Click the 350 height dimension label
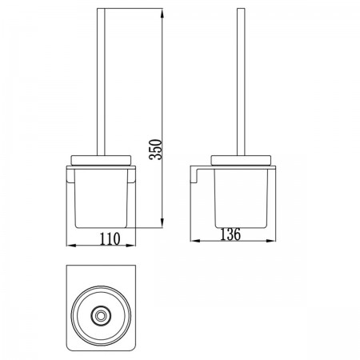[x=155, y=150]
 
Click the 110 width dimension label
[x=110, y=239]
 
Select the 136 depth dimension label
[x=230, y=234]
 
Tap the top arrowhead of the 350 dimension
[x=162, y=14]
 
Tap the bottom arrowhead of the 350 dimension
[x=162, y=223]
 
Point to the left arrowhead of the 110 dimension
[x=71, y=246]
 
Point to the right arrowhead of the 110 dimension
[x=130, y=246]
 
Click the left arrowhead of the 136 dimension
[x=195, y=241]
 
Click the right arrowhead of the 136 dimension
[x=270, y=241]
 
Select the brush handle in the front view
[x=101, y=82]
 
